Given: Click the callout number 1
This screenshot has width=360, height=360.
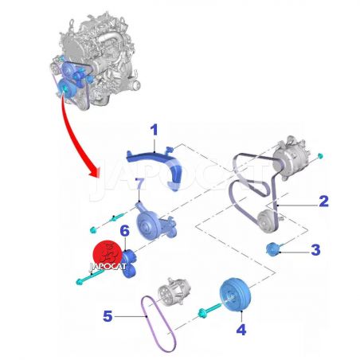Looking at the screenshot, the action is coord(154,130).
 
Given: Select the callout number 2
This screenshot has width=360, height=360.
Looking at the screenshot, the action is coord(323,202).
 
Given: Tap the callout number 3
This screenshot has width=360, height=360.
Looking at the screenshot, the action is coord(315,249).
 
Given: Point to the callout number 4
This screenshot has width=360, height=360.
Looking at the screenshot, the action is coord(241,330).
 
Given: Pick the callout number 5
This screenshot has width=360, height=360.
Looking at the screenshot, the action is coord(108,316).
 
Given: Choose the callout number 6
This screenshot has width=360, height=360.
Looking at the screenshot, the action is coord(124,230).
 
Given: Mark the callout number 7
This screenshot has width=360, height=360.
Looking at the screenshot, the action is coord(140,184).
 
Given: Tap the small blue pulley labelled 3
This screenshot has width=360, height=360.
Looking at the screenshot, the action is coord(272,249).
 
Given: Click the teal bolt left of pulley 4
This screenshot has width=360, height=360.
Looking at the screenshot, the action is coord(209,311).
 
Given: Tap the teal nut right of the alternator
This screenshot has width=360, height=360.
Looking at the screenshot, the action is coord(320,155).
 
